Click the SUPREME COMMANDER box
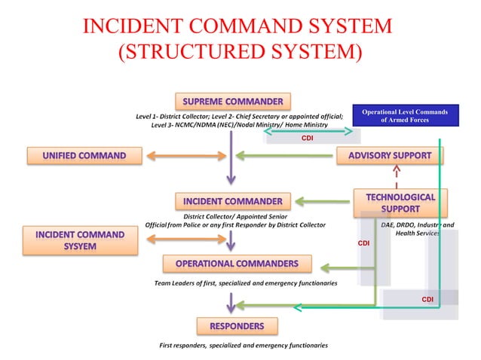(x=233, y=101)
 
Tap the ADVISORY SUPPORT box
(x=390, y=156)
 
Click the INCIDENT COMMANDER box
(x=233, y=201)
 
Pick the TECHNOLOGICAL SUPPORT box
(x=400, y=201)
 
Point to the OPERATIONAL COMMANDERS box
(x=237, y=264)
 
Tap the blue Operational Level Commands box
(x=405, y=116)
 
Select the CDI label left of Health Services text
(x=363, y=244)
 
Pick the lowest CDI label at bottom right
(x=427, y=300)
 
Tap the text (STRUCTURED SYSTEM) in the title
(x=240, y=53)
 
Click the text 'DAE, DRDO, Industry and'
(x=417, y=224)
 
